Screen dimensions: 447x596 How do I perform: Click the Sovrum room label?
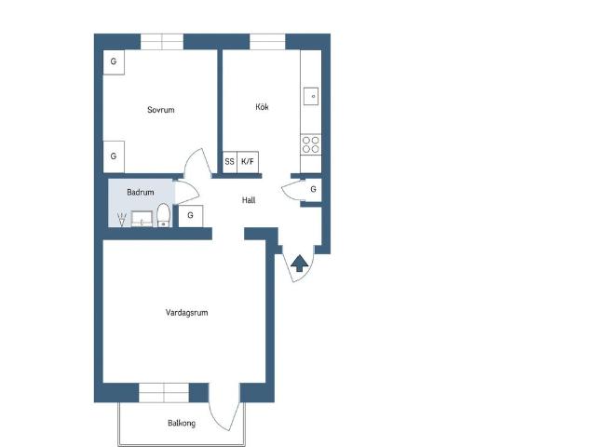coord(160,110)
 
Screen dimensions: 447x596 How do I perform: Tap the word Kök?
coord(262,107)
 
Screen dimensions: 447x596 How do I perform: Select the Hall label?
coord(249,199)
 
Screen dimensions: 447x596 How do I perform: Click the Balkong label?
coord(181,424)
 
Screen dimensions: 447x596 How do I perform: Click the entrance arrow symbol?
coord(300,264)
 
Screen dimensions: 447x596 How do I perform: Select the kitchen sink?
coord(312,95)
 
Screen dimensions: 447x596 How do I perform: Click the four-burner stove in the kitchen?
coord(311,143)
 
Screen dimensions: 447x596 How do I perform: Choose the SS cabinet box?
coord(229,162)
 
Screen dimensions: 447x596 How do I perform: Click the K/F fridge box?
coord(249,162)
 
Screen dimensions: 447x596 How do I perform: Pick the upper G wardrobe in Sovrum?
coord(114,61)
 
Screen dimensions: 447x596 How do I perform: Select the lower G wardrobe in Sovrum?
coord(114,156)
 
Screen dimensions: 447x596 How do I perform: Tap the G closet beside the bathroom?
coord(190,216)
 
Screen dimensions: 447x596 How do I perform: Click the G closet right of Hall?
coord(313,189)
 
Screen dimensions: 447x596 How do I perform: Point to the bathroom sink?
coord(142,219)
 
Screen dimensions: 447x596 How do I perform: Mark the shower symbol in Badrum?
coord(121,220)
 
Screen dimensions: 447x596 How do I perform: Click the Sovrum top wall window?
coord(163,41)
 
